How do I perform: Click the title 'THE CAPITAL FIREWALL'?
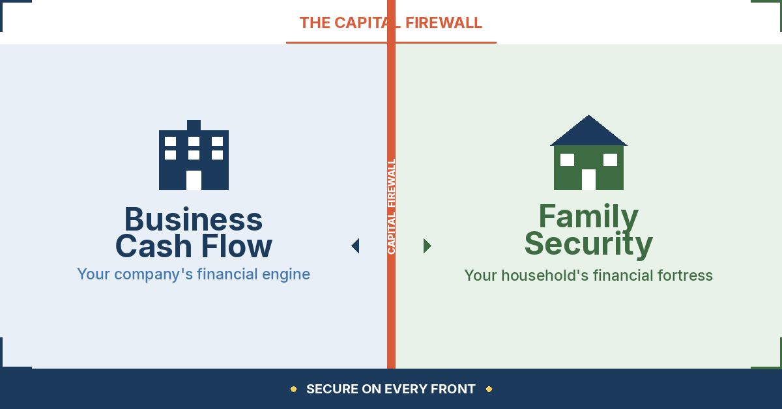click(x=391, y=23)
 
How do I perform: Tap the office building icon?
click(x=194, y=156)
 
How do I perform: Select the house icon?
click(x=588, y=154)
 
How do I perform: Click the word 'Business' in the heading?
click(x=194, y=219)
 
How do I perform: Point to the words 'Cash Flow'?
click(x=194, y=247)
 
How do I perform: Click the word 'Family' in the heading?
click(x=588, y=216)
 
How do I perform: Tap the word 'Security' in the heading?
click(x=588, y=244)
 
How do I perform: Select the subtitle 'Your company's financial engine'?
click(x=194, y=274)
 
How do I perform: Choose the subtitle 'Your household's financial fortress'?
click(x=588, y=275)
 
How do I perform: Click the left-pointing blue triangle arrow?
click(x=356, y=246)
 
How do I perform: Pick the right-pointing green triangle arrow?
click(x=427, y=246)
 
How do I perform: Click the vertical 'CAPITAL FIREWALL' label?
click(x=392, y=206)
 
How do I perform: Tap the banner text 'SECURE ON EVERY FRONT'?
click(x=391, y=389)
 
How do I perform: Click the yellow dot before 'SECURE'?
click(x=293, y=389)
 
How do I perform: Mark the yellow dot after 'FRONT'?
click(x=489, y=389)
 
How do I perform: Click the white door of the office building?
click(x=194, y=180)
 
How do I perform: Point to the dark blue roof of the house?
click(x=588, y=132)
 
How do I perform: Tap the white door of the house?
click(x=588, y=179)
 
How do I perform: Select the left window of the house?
click(x=567, y=160)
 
